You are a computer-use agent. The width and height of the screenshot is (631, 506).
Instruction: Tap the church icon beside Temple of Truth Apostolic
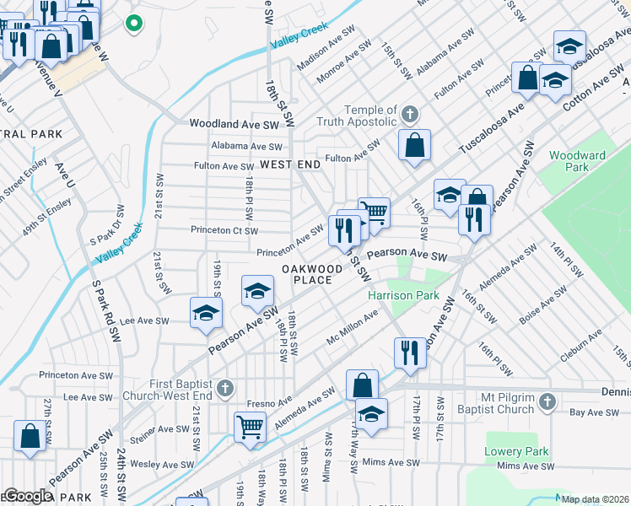[410, 114]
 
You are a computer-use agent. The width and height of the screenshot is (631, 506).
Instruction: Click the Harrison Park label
[403, 296]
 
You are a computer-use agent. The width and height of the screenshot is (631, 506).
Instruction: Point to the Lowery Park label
[516, 452]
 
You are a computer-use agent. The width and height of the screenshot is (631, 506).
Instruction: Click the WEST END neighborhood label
[290, 164]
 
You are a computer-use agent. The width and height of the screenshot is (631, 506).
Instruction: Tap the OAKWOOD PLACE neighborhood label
[312, 274]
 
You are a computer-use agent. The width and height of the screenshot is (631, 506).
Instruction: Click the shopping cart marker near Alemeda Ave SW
[250, 426]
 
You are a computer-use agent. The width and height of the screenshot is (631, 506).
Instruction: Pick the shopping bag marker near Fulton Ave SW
[415, 145]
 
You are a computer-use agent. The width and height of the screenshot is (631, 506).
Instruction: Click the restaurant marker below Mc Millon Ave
[410, 352]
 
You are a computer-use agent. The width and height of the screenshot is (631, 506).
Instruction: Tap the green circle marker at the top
[132, 24]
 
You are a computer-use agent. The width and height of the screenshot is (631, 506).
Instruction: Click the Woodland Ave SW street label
[234, 124]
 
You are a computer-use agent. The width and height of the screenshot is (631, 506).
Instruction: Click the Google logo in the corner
[27, 497]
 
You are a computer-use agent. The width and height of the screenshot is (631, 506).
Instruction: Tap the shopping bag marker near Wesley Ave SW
[30, 436]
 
